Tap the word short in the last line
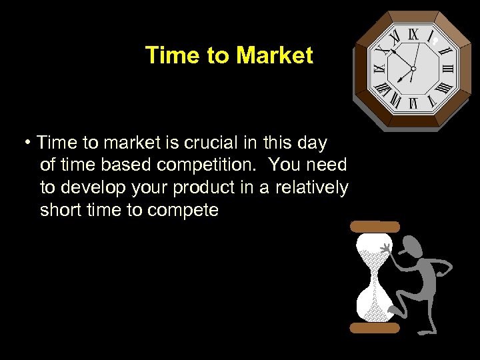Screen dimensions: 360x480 59,211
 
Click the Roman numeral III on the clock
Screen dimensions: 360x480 447,68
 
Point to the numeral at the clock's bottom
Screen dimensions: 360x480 413,103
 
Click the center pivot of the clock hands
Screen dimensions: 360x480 413,68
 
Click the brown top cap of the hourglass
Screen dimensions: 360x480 375,227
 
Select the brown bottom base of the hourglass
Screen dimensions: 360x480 375,327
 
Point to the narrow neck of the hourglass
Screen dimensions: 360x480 375,277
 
